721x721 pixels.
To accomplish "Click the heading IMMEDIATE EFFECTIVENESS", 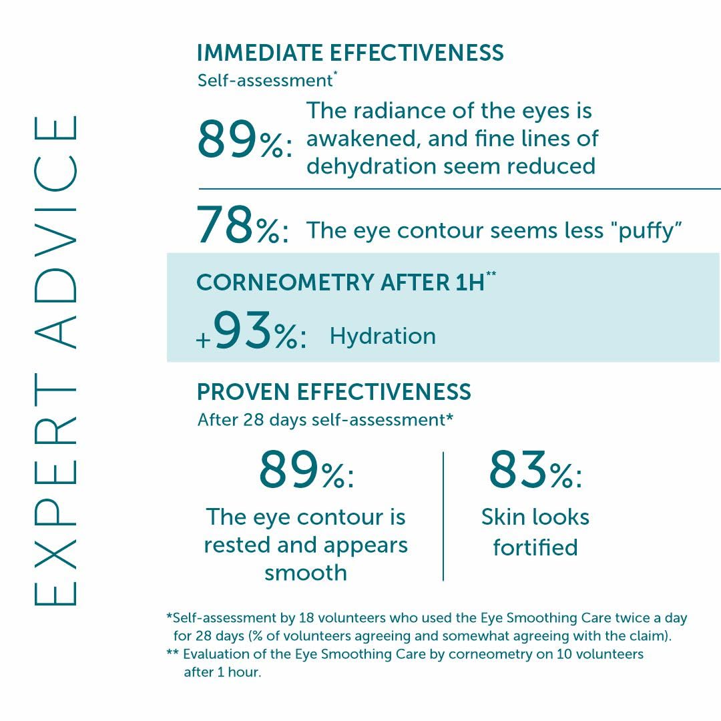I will click(x=350, y=53).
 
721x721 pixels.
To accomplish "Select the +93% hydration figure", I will click(x=252, y=334).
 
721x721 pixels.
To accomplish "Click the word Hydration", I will click(x=383, y=336).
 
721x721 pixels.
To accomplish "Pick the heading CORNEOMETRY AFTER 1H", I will click(x=345, y=282).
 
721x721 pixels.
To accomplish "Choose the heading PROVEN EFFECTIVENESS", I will click(x=334, y=392).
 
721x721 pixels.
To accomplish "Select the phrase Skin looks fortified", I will click(x=535, y=532).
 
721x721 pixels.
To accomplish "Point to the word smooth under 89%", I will click(x=306, y=573).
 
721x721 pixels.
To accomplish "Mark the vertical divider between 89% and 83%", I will click(x=443, y=516).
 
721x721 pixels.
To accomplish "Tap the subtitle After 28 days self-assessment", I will click(x=325, y=420).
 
